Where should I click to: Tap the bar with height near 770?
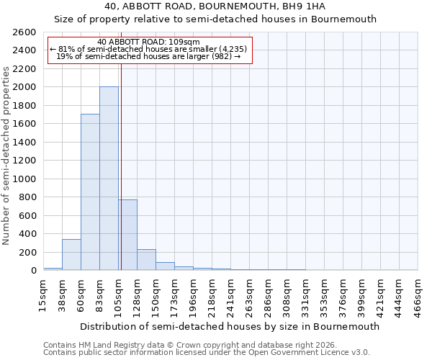[x=127, y=235]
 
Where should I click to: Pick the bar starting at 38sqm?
[x=71, y=255]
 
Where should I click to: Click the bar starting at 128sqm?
[x=146, y=260]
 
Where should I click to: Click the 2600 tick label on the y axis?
[x=25, y=32]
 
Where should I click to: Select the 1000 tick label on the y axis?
[x=25, y=179]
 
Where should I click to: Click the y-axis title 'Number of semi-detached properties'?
[x=6, y=155]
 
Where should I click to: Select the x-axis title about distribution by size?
[x=230, y=326]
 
